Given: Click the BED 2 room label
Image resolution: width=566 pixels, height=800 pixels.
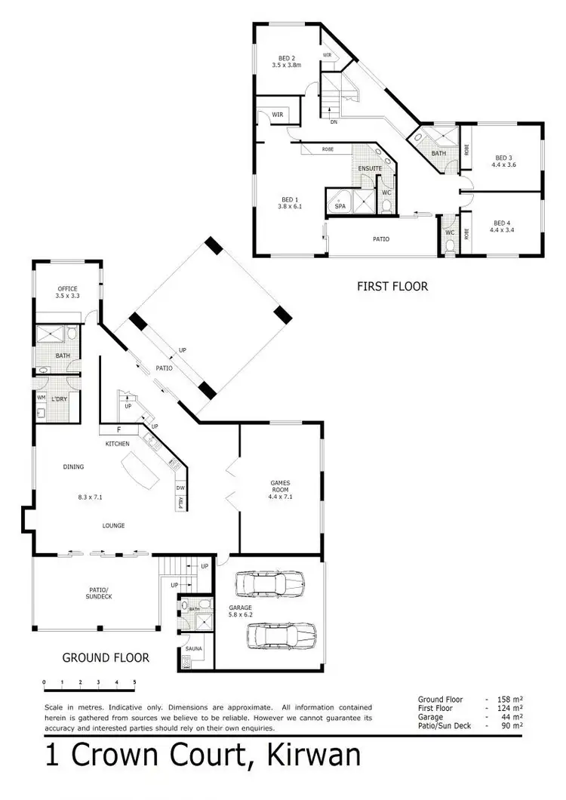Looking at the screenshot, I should (x=286, y=58).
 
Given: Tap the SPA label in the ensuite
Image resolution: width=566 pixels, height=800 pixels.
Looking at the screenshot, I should (x=340, y=205).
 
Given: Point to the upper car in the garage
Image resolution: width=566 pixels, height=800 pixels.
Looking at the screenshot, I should (x=271, y=583).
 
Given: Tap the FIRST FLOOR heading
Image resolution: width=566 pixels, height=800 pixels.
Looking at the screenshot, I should (x=392, y=286).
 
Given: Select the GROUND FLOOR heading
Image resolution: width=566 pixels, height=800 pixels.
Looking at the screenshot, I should (x=106, y=657).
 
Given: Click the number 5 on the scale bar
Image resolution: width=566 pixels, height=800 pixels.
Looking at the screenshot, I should (x=134, y=682).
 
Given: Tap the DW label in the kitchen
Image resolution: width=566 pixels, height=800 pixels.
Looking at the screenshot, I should (x=180, y=488).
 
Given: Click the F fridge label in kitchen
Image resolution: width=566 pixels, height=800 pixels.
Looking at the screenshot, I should (x=118, y=430).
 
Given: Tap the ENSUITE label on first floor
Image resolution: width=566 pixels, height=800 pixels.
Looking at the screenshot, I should (x=370, y=168).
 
